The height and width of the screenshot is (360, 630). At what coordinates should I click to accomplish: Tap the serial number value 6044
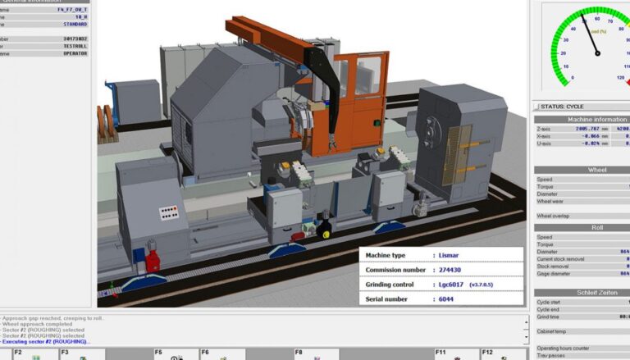point(445,299)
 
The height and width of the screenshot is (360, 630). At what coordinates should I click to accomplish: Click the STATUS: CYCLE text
point(562,107)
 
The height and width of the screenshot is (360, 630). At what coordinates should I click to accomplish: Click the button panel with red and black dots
point(169,212)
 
